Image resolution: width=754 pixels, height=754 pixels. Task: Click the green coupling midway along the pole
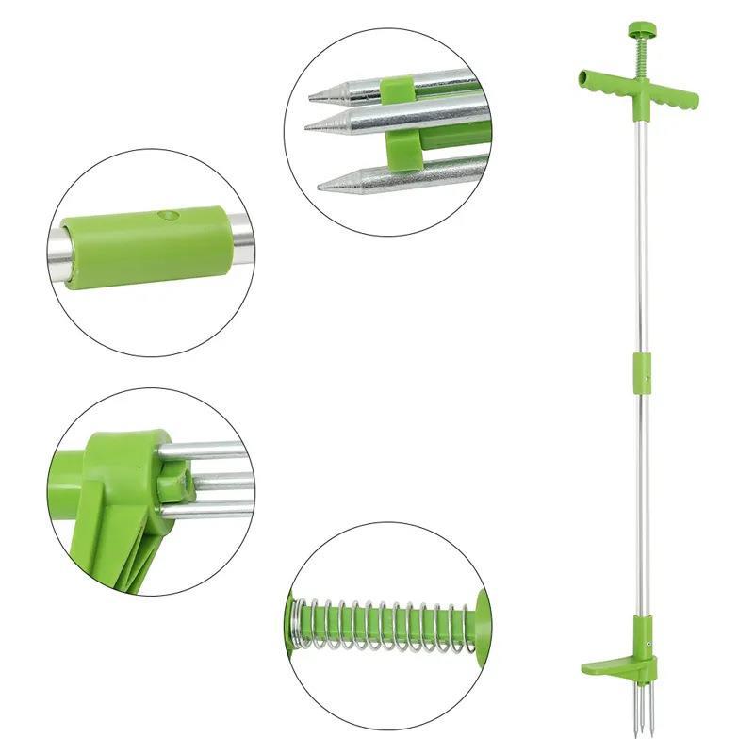[x=642, y=369]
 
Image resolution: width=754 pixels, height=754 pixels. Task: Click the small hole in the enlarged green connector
[x=171, y=215]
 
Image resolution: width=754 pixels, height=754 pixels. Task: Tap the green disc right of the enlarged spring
[x=483, y=621]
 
